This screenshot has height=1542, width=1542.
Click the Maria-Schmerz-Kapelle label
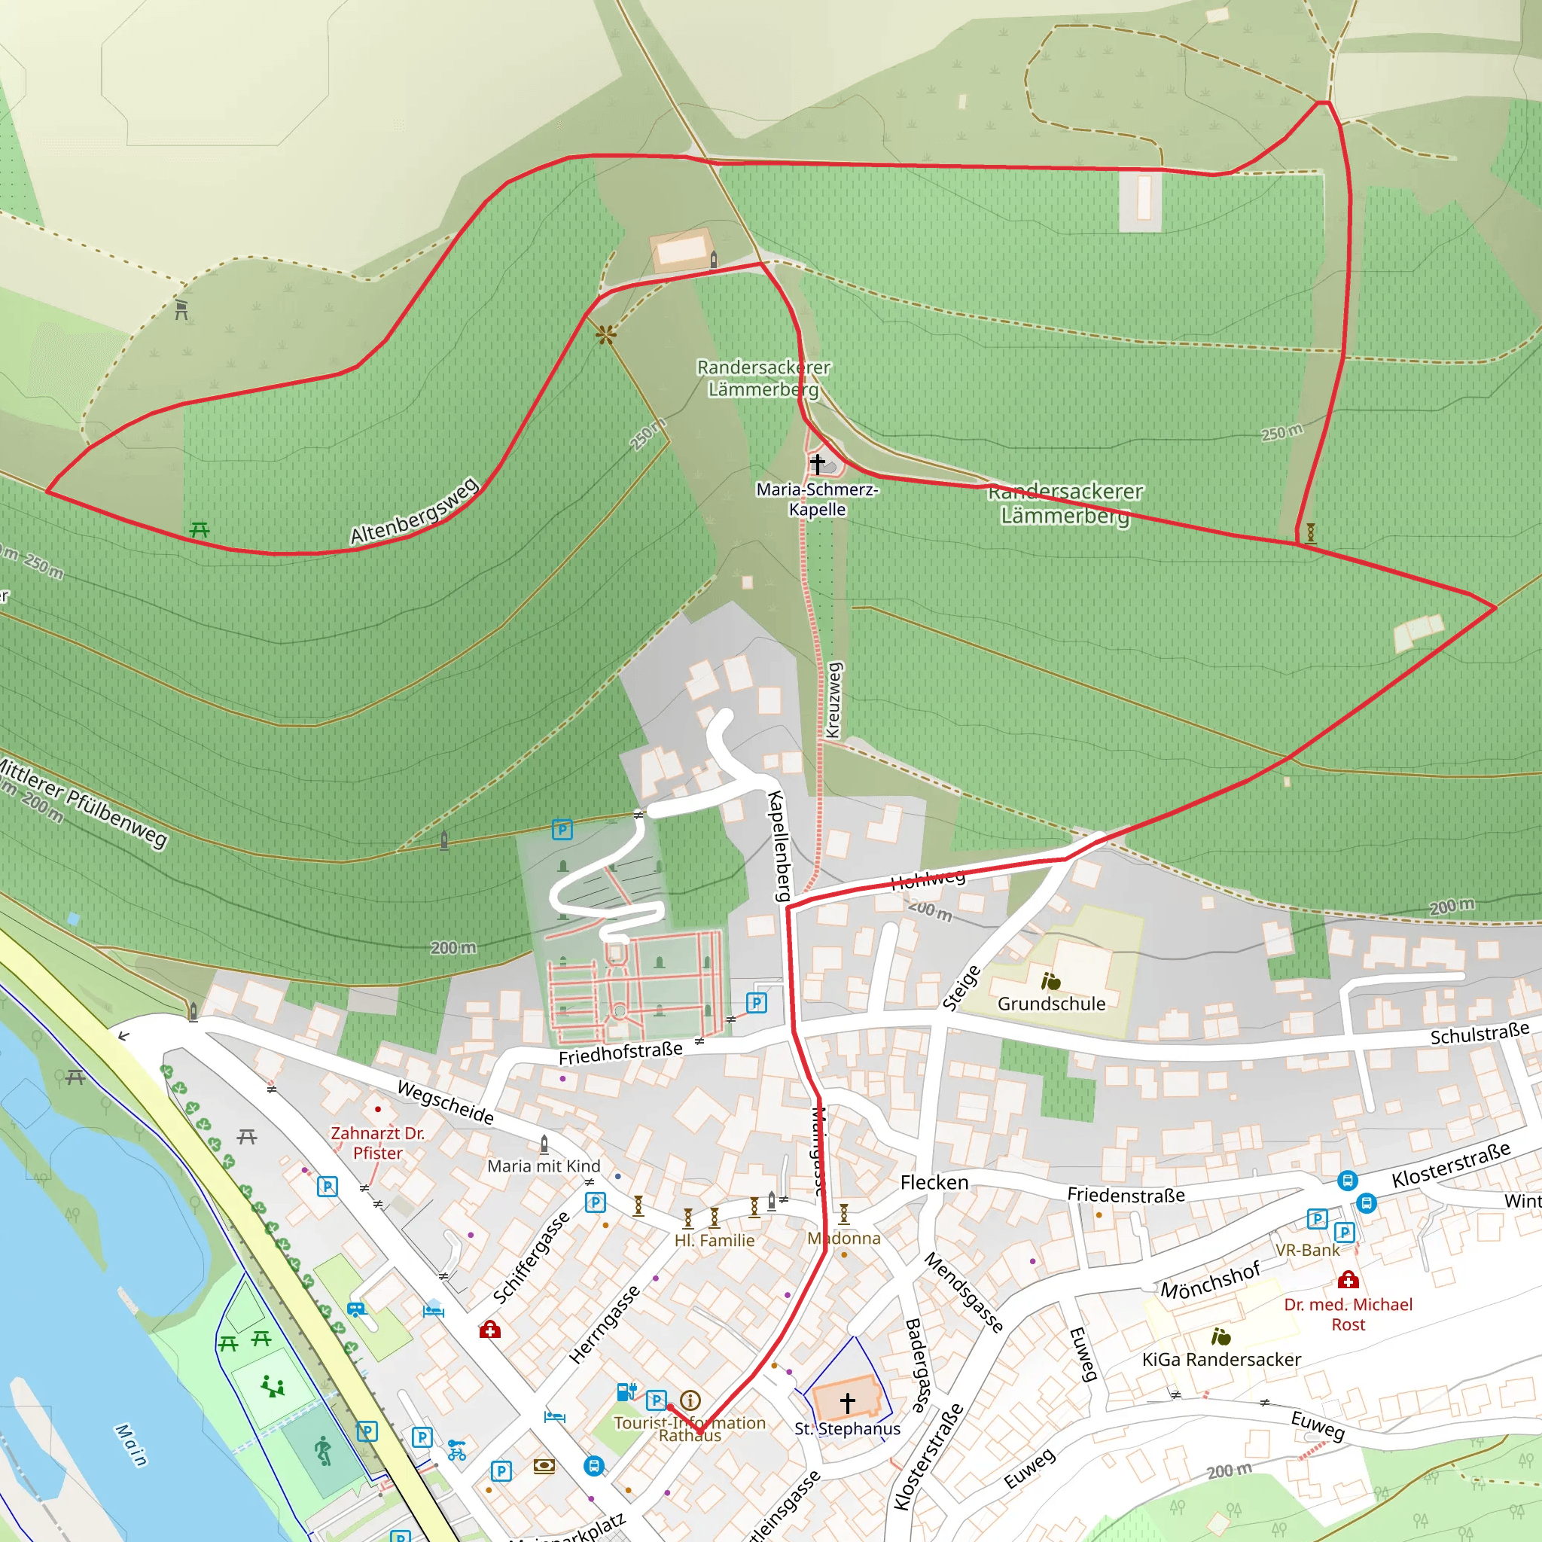[x=817, y=499]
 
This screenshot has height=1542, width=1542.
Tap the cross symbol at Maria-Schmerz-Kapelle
[x=817, y=463]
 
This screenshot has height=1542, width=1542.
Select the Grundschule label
[x=1051, y=1003]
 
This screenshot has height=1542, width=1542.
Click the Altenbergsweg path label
[x=415, y=510]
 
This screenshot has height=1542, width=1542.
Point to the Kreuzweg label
[x=833, y=700]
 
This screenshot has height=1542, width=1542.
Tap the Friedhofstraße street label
[x=620, y=1053]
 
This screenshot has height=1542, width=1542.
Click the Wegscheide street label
[x=446, y=1102]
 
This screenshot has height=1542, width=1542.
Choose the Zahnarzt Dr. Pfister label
[x=377, y=1143]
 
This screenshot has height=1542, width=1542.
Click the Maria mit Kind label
[x=544, y=1166]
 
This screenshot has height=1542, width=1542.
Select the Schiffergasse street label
[x=532, y=1257]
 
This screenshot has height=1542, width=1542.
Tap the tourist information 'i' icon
[x=690, y=1400]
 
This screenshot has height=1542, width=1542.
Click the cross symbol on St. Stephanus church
[x=848, y=1401]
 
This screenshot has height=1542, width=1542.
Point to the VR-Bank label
[x=1307, y=1250]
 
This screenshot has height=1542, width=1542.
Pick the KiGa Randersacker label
[x=1221, y=1359]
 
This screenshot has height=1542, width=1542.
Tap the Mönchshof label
[x=1210, y=1279]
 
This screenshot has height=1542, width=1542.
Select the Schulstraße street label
[x=1480, y=1034]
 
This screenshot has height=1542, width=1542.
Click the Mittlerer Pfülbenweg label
[x=84, y=802]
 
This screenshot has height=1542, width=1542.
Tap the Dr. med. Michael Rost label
[x=1348, y=1314]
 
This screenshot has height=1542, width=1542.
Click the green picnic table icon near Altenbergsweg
[x=200, y=529]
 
